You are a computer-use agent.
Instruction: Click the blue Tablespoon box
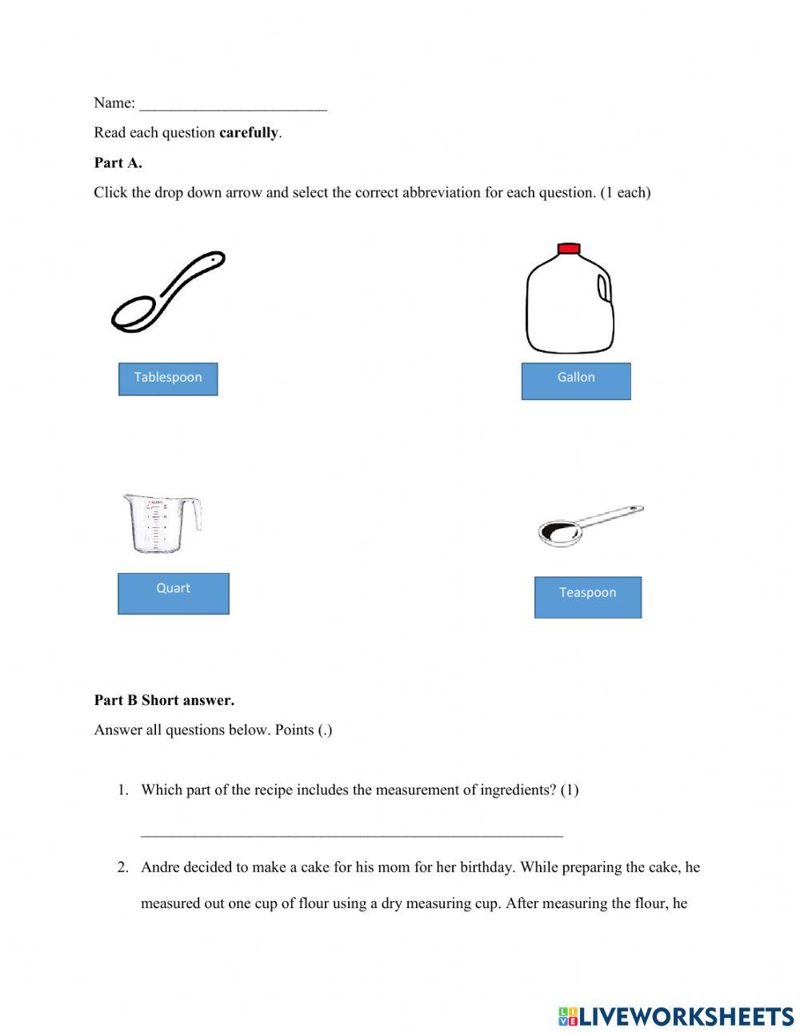coord(168,378)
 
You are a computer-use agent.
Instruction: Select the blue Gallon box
coord(576,380)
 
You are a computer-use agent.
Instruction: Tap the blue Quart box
coord(174,593)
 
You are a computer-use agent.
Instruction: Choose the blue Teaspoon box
coord(588,597)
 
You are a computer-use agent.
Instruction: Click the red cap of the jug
coord(568,248)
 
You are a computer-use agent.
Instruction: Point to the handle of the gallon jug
coord(606,289)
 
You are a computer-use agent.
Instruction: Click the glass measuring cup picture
coord(160,524)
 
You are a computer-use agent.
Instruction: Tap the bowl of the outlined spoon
coord(134,314)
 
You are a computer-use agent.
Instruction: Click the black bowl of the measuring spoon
coord(558,531)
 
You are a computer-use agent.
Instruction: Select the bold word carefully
coord(249,133)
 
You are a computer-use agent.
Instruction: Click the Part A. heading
coord(118,162)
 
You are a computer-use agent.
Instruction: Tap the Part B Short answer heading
coord(164,700)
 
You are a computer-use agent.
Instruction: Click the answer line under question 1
coord(352,835)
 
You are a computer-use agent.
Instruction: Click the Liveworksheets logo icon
coord(568,1016)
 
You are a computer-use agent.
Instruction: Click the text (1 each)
coord(626,193)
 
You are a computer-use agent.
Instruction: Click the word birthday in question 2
coord(486,867)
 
